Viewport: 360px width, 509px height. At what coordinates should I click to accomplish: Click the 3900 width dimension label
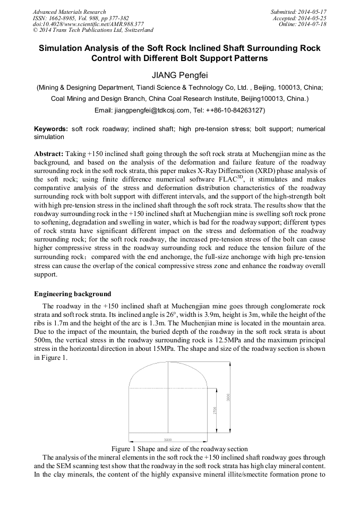pyautogui.click(x=168, y=439)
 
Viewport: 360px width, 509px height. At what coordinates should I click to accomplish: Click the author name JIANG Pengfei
pyautogui.click(x=179, y=75)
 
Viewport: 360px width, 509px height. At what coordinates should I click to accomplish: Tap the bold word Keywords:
pyautogui.click(x=51, y=129)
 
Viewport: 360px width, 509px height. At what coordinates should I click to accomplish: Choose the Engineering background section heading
pyautogui.click(x=73, y=294)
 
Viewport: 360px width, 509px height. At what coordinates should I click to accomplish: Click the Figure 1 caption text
pyautogui.click(x=179, y=448)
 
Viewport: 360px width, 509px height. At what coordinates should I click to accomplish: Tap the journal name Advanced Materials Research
pyautogui.click(x=69, y=12)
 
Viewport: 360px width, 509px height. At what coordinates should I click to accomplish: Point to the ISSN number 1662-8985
pyautogui.click(x=65, y=18)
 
